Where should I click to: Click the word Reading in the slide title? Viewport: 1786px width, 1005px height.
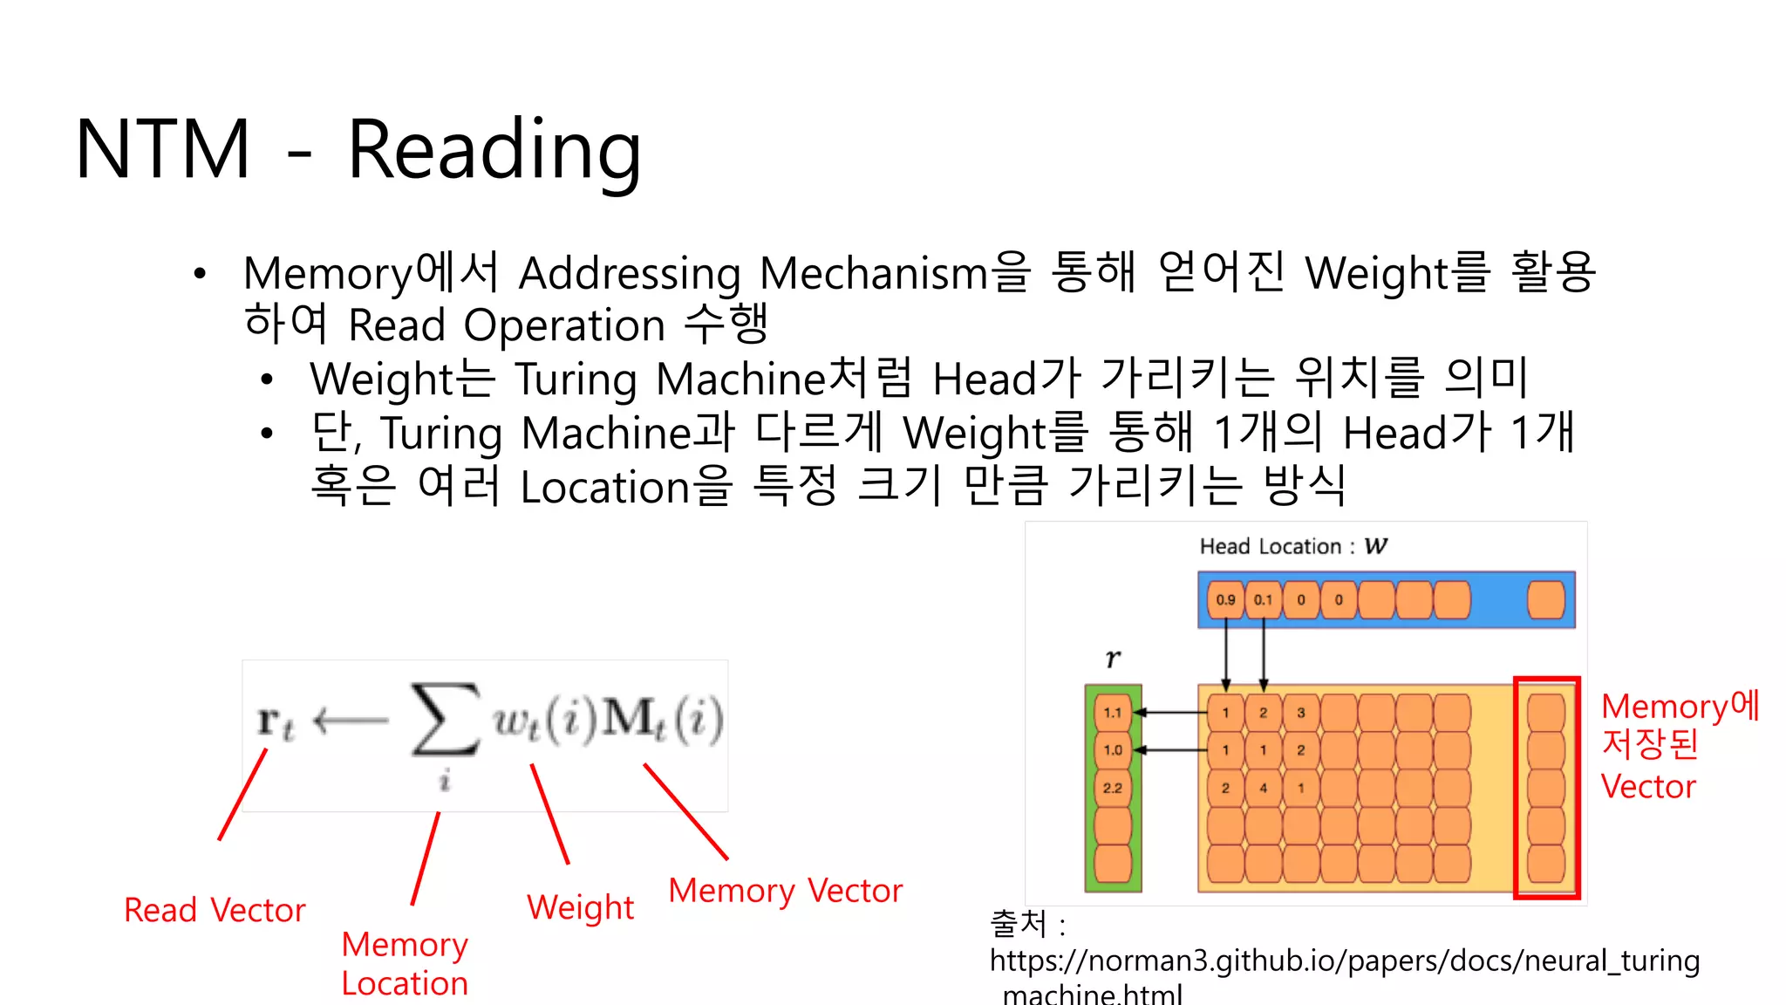[494, 150]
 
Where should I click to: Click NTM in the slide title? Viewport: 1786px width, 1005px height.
[164, 150]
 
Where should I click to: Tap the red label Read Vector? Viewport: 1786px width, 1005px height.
[215, 910]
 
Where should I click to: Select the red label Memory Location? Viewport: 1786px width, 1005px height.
[405, 964]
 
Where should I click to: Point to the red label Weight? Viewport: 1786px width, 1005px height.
[580, 907]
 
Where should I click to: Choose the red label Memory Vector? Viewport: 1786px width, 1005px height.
[785, 891]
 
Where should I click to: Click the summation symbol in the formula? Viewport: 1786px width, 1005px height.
[445, 720]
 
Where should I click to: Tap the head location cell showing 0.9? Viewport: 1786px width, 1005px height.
[1225, 600]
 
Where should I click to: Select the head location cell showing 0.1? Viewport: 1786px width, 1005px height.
[1263, 600]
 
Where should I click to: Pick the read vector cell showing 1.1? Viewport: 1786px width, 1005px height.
[1113, 713]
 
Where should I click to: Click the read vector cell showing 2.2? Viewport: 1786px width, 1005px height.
[1113, 788]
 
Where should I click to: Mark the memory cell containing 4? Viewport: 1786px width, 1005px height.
[1263, 788]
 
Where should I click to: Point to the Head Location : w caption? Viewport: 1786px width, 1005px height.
[1292, 547]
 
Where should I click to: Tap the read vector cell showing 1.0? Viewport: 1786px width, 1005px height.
[1113, 750]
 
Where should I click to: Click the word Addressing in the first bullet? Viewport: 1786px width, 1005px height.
[630, 274]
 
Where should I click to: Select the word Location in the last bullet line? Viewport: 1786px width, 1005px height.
[605, 487]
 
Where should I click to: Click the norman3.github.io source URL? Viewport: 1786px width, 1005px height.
[1344, 961]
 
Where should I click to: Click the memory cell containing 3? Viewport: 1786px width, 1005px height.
[1300, 713]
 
